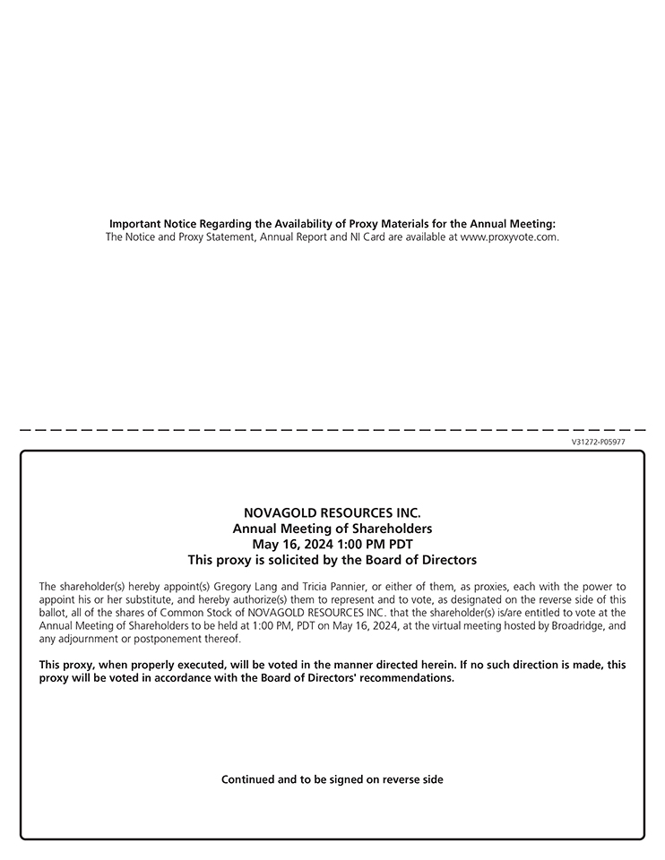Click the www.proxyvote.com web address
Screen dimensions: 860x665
pyautogui.click(x=509, y=237)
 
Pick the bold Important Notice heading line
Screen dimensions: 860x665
pyautogui.click(x=332, y=224)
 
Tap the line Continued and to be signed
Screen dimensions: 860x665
pyautogui.click(x=332, y=779)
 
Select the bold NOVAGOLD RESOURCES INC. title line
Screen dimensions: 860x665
pyautogui.click(x=332, y=513)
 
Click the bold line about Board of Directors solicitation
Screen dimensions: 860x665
pyautogui.click(x=332, y=560)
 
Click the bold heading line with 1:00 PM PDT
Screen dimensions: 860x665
pyautogui.click(x=332, y=544)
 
